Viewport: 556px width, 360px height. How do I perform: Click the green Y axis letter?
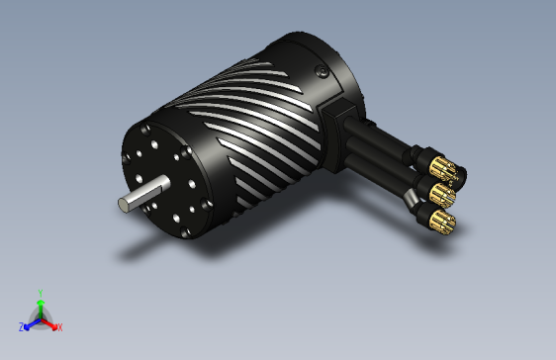pos(40,293)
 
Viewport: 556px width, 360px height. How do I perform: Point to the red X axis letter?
pos(59,327)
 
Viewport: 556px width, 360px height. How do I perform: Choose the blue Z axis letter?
pos(21,327)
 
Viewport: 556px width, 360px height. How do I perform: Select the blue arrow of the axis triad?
pos(30,322)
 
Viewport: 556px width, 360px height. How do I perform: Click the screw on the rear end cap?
pos(320,70)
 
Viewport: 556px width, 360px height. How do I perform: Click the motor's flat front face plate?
pos(163,178)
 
